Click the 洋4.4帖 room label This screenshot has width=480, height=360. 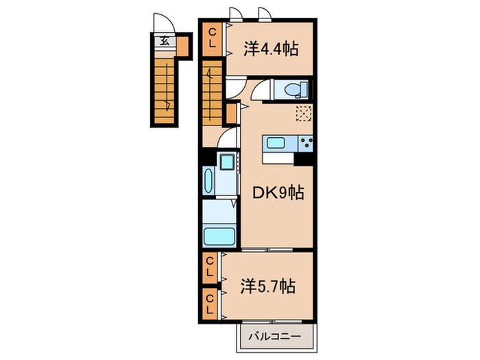tap(269, 49)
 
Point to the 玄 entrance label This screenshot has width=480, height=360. tap(165, 40)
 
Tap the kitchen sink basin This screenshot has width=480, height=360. tap(276, 143)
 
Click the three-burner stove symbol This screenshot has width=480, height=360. tap(305, 143)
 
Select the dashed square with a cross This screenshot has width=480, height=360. tap(304, 114)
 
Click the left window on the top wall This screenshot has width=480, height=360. tap(236, 14)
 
